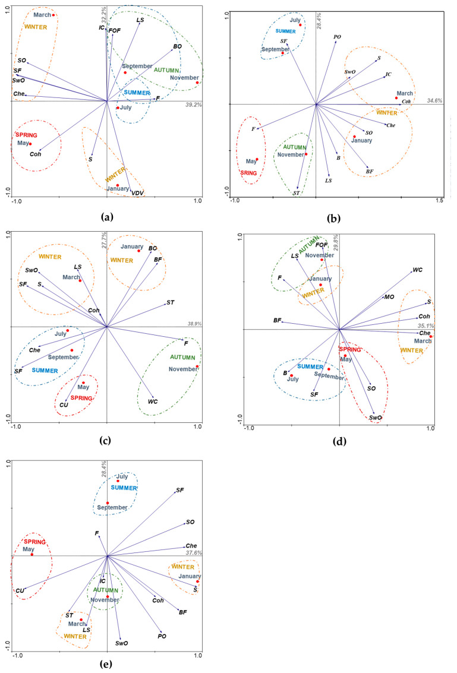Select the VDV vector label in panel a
click(138, 193)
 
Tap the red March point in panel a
click(53, 15)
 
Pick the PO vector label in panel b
click(337, 37)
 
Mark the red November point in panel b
click(306, 154)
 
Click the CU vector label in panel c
click(64, 405)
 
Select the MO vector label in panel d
click(389, 296)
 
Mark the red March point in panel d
click(431, 336)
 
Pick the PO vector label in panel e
click(162, 636)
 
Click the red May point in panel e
click(32, 554)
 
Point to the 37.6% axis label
click(194, 552)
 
